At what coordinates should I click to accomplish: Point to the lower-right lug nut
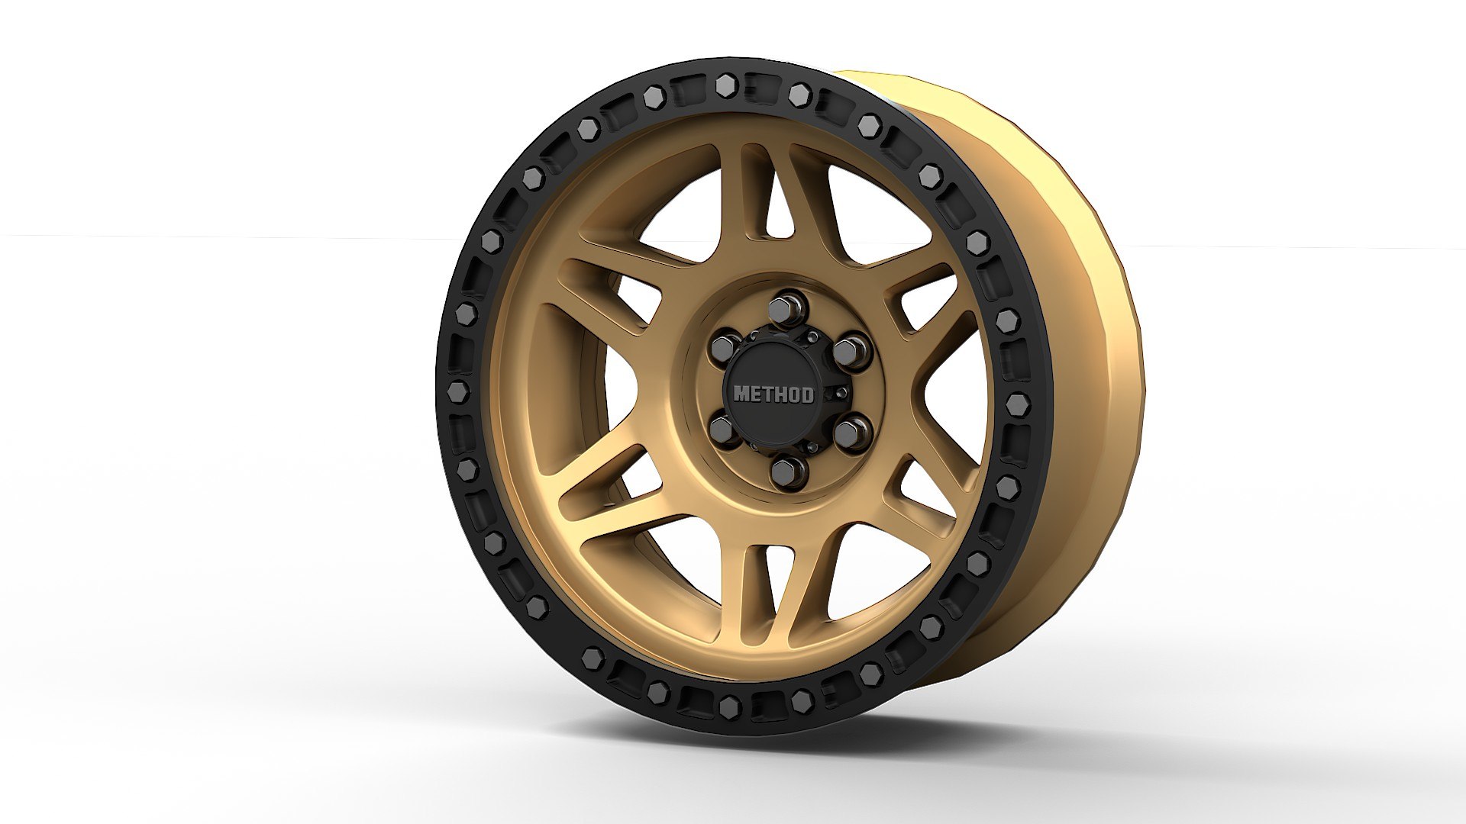pyautogui.click(x=853, y=430)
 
